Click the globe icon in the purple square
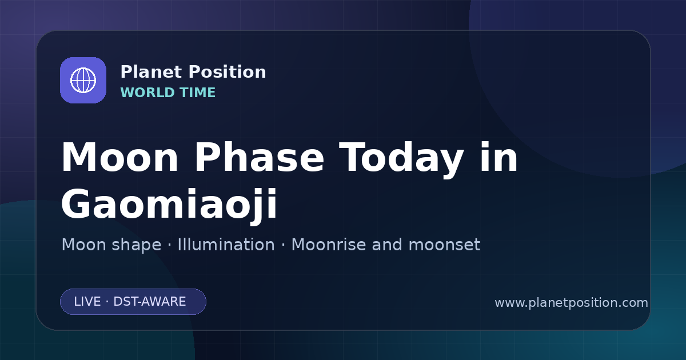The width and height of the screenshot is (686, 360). [83, 80]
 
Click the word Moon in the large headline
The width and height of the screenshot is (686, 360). [119, 157]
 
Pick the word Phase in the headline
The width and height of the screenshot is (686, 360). [259, 157]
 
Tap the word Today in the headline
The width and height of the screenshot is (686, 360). [401, 159]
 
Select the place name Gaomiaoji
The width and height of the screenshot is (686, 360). [169, 205]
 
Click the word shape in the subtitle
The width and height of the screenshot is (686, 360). [136, 246]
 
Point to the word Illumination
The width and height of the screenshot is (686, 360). [226, 245]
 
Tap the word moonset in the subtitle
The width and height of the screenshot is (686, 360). [444, 245]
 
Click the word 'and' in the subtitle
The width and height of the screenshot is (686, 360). [387, 245]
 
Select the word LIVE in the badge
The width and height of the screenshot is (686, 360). [87, 302]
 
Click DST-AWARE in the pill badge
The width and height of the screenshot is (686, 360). [149, 302]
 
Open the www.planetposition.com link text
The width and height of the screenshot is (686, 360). [571, 303]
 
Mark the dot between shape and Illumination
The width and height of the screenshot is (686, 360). [169, 246]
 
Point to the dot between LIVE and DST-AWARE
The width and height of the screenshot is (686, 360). [107, 302]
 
